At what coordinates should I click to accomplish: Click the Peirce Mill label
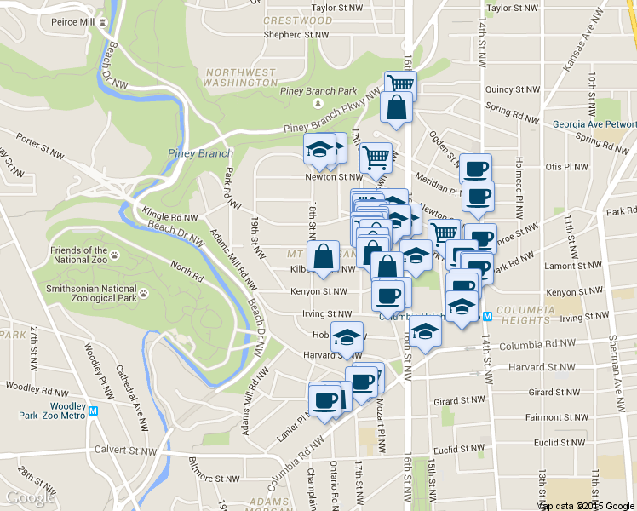[x=72, y=20]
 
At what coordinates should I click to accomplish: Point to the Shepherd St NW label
[x=296, y=35]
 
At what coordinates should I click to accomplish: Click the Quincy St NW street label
[x=512, y=89]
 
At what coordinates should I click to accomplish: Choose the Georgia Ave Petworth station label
[x=594, y=123]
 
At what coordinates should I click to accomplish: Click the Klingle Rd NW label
[x=170, y=217]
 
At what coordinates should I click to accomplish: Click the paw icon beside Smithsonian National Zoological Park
[x=143, y=293]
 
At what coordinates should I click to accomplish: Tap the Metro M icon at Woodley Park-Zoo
[x=94, y=410]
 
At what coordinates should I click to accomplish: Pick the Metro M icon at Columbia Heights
[x=488, y=315]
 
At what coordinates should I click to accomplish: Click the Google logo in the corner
[x=31, y=497]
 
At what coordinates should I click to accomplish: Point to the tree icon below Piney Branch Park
[x=317, y=104]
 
